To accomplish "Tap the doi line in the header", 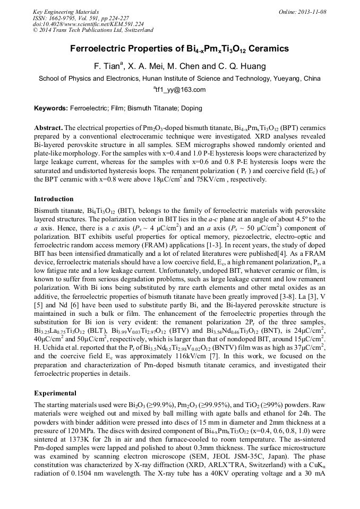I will coord(89,24).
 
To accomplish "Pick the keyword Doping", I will coord(190,108).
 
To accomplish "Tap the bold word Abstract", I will coord(48,128).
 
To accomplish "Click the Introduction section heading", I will coord(54,199).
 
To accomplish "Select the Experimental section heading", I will coord(56,393).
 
